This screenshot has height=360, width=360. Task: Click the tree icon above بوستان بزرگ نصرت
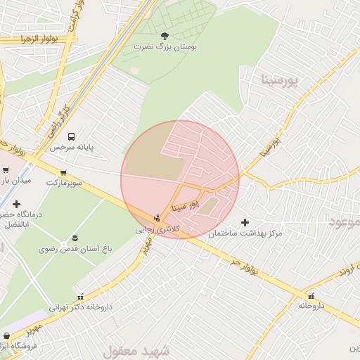coord(165,35)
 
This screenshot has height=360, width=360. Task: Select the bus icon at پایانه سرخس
coord(71,136)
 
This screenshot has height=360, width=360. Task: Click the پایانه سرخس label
coord(72,148)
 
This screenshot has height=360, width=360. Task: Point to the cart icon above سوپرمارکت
coord(63,172)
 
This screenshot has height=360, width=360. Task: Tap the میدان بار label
coord(15,180)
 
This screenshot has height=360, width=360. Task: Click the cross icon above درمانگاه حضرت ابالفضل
coord(16,203)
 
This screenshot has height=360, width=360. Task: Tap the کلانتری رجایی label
coord(157,229)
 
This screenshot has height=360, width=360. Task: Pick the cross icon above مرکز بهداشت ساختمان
coord(245,222)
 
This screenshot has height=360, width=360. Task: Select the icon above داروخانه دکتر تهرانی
coord(80,296)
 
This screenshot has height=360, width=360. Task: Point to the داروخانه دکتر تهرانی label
coord(80,307)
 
